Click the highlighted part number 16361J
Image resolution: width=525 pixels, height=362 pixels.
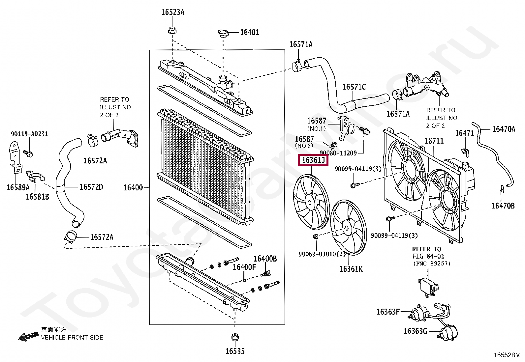[x=313, y=160]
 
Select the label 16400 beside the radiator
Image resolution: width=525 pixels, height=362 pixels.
[x=133, y=188]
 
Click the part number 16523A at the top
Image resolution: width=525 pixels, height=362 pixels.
[x=173, y=13]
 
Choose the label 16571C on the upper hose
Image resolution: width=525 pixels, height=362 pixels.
[x=354, y=87]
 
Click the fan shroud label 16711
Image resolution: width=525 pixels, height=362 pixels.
[x=434, y=141]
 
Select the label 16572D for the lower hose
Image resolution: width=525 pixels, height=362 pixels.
[x=91, y=187]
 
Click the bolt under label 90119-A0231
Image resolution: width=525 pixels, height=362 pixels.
[x=29, y=153]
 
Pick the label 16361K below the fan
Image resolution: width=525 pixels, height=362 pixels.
[x=351, y=269]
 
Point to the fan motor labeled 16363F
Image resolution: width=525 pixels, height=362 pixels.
[x=416, y=315]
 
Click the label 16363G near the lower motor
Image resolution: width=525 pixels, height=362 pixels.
[x=415, y=331]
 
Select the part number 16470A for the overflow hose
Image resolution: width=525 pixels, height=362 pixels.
[x=504, y=129]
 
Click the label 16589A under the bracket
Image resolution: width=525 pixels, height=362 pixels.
[x=18, y=187]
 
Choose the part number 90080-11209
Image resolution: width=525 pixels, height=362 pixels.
[x=338, y=153]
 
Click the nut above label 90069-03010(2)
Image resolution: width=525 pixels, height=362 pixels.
[x=316, y=236]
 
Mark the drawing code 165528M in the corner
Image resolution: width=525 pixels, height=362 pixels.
[x=507, y=355]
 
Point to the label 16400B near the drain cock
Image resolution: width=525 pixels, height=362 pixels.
[x=265, y=259]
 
